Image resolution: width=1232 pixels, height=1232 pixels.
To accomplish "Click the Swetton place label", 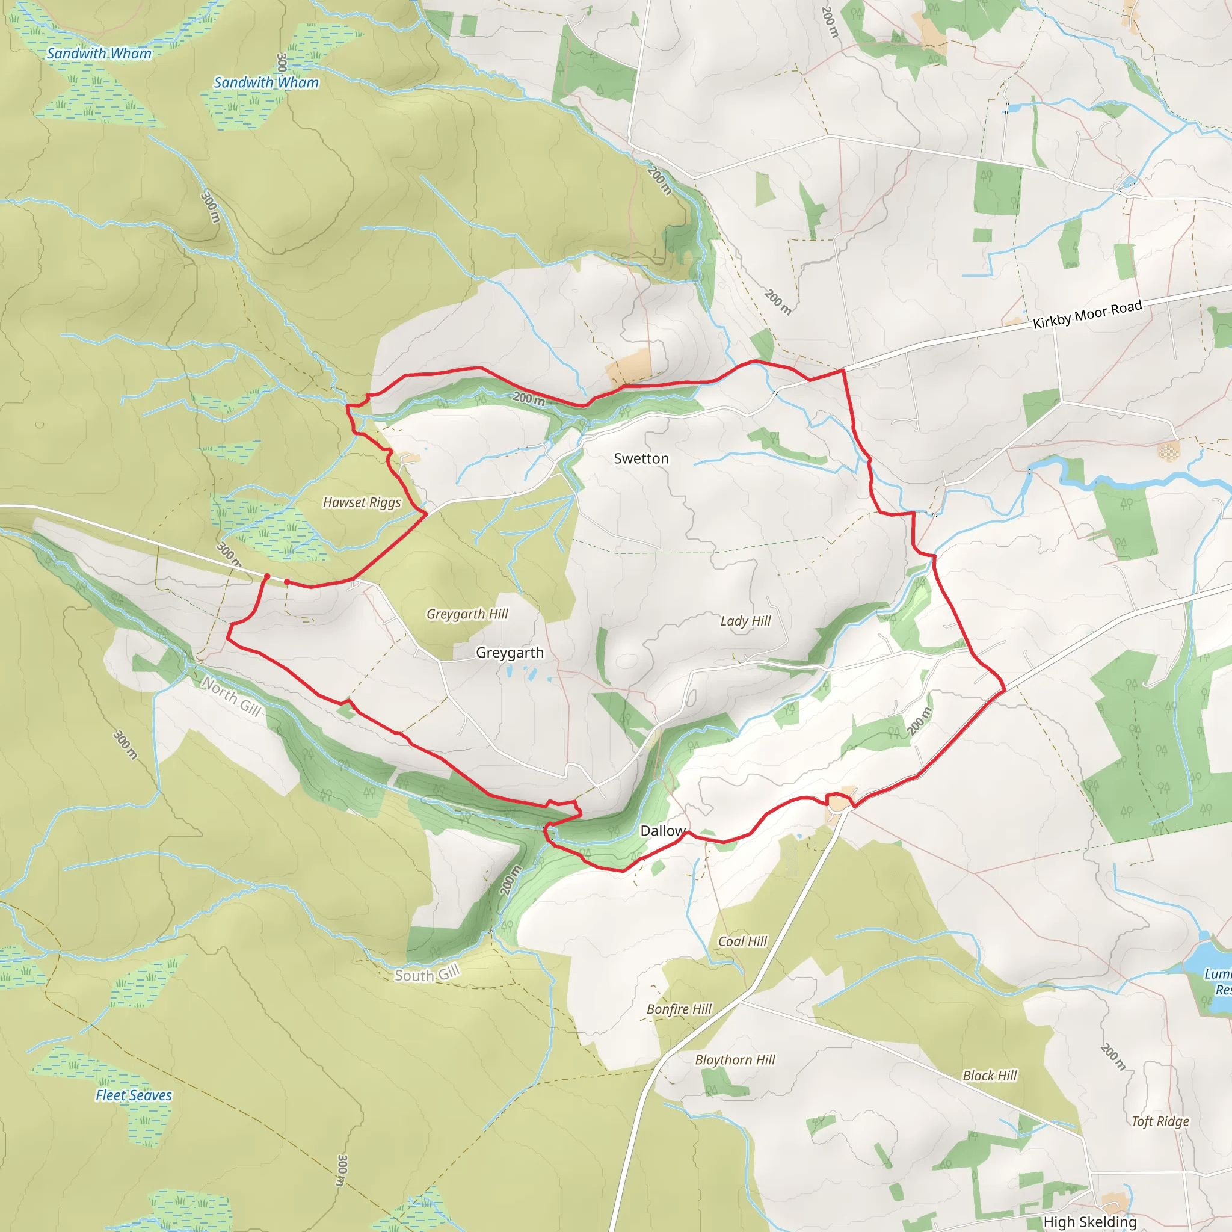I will point(641,458).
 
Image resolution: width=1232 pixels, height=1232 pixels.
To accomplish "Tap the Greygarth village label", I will point(510,652).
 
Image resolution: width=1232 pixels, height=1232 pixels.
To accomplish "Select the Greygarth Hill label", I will point(467,614).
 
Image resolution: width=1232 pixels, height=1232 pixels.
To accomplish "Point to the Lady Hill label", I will point(745,621).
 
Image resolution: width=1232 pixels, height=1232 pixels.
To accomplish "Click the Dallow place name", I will point(662,830).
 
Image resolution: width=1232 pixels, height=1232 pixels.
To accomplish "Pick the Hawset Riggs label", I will point(362,502).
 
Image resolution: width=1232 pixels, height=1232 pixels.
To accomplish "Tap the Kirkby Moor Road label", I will point(1086,314).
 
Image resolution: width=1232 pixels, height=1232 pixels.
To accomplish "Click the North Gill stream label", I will point(231,697).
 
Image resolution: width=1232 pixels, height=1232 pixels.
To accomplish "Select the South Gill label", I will point(427,975).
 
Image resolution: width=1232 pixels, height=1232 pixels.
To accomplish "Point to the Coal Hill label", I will point(742,941).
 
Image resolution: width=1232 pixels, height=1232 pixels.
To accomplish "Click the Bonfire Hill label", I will point(679,1009).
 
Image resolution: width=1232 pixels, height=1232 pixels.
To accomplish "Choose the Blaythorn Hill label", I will point(735,1060).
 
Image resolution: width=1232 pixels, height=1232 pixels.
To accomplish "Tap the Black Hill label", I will point(989,1076).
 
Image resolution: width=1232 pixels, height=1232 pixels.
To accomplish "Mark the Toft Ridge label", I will point(1160,1122).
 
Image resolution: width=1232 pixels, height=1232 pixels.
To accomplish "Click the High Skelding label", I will point(1090,1222).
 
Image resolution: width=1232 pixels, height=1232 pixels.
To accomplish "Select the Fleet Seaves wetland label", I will point(134,1095).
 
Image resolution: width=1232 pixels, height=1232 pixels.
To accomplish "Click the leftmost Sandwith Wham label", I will point(99,54).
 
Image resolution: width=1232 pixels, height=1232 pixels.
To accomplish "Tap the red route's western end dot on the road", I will point(266,576).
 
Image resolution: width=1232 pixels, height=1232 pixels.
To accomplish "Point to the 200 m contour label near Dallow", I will point(510,880).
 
